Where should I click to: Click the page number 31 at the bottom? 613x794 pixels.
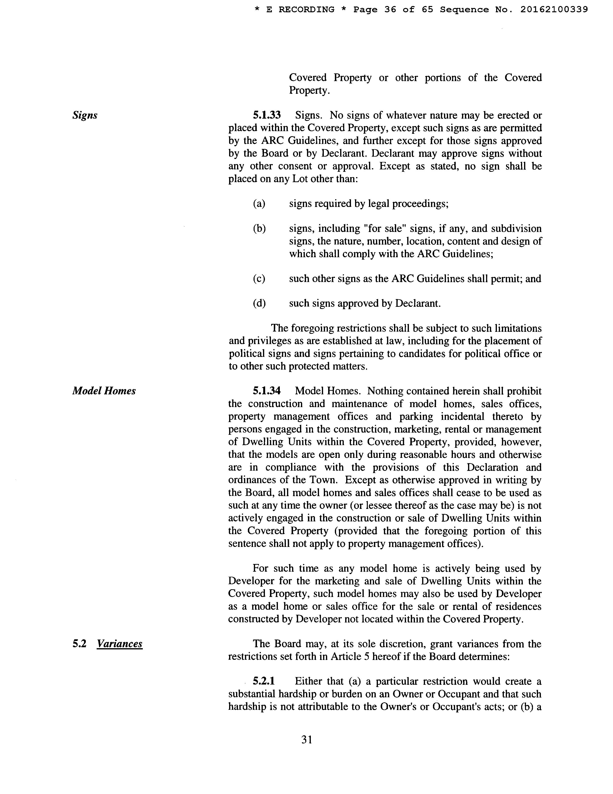306,739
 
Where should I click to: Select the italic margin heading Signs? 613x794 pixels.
85,115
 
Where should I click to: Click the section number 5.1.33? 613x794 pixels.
267,115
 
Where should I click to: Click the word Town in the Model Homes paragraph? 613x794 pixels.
325,480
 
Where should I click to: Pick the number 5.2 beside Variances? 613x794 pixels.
79,644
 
